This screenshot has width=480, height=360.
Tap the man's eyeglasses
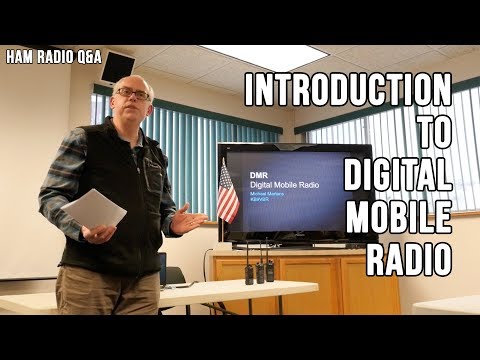[x=133, y=94]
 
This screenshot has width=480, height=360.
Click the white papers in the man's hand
[x=94, y=211]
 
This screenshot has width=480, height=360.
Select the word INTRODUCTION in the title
[x=347, y=91]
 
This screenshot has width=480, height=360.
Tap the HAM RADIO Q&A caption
[x=52, y=56]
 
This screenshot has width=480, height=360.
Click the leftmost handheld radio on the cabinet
[x=249, y=271]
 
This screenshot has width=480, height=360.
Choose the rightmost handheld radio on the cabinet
[x=269, y=271]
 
